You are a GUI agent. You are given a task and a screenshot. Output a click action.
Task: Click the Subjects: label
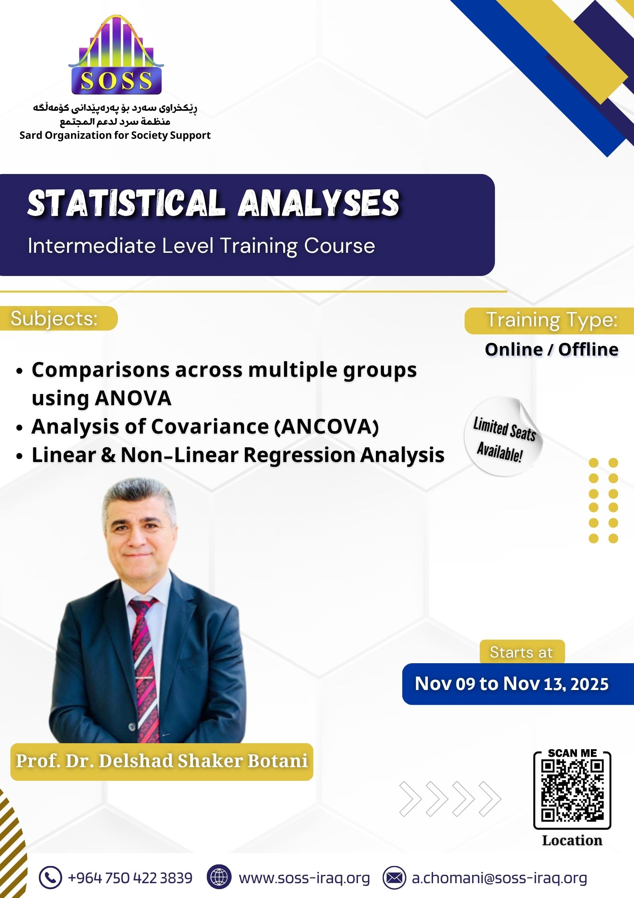(54, 319)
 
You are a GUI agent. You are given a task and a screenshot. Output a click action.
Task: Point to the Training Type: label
(552, 320)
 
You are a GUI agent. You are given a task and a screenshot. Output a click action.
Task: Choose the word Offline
(588, 350)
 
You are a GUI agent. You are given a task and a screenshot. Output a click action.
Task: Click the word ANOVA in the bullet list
(133, 398)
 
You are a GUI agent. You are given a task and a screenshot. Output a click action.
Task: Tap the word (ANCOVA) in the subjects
(326, 426)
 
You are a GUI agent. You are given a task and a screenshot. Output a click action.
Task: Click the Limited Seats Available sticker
(503, 436)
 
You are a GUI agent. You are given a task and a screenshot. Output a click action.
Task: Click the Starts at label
(521, 652)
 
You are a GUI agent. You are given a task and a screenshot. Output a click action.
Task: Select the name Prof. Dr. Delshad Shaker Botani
(162, 761)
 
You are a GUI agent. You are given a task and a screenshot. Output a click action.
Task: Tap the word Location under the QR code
(572, 840)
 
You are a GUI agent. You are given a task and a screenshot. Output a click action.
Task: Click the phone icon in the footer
(50, 878)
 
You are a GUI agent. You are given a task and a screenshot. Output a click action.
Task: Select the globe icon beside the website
(219, 878)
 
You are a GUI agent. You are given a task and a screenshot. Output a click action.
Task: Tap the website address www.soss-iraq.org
(304, 878)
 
